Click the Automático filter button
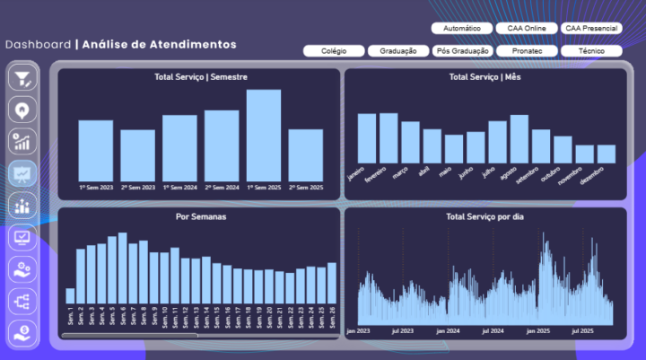[x=461, y=29]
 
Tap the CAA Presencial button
[x=590, y=29]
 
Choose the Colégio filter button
[x=334, y=51]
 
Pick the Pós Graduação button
[x=461, y=51]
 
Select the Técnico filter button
[x=590, y=51]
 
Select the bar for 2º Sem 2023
[x=138, y=154]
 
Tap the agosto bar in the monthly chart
[x=519, y=138]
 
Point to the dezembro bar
[x=607, y=154]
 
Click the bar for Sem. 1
[x=70, y=295]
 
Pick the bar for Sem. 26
[x=332, y=282]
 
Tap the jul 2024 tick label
[x=493, y=331]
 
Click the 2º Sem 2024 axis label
[x=222, y=188]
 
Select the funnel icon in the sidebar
[x=22, y=78]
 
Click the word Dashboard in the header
[x=38, y=44]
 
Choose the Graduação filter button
[x=397, y=51]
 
